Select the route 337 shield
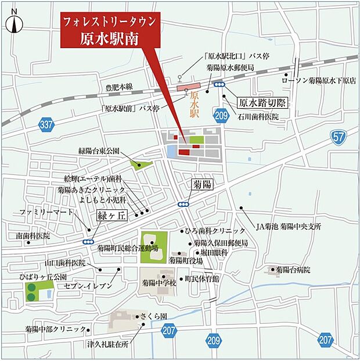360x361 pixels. point(47,124)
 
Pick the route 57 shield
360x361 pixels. point(339,137)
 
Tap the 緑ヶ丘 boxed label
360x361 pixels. point(111,215)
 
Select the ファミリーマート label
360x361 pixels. point(44,212)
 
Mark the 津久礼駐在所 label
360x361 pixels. point(108,344)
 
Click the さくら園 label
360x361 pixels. point(154,316)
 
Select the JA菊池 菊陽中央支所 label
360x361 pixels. point(289,226)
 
